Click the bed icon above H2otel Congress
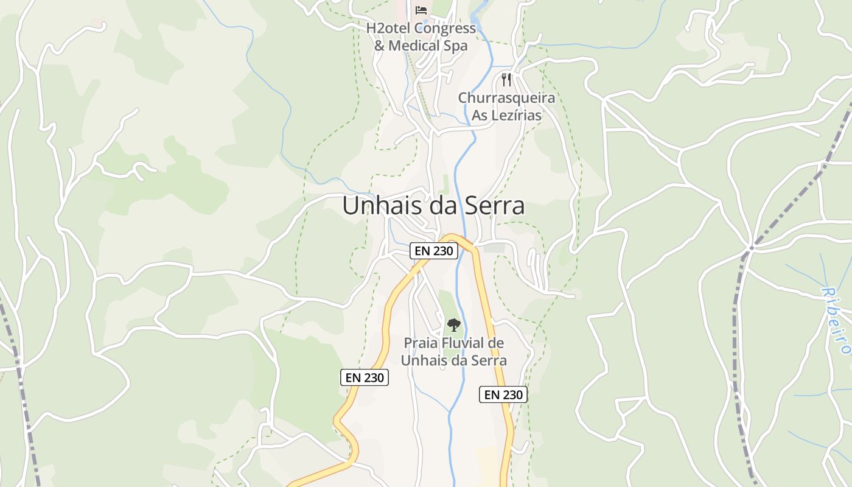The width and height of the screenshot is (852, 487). click(x=421, y=10)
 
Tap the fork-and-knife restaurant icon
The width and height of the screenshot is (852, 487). click(x=506, y=79)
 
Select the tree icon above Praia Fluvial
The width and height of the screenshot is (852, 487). click(x=454, y=325)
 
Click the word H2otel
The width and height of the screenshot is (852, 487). click(x=388, y=29)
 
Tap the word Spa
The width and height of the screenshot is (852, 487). click(x=455, y=46)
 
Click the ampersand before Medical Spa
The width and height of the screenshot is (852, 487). click(x=379, y=46)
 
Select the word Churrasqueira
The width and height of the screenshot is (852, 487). click(x=506, y=98)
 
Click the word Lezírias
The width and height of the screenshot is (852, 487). click(x=516, y=115)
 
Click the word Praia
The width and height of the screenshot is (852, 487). click(x=421, y=343)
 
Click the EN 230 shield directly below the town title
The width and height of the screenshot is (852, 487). click(x=434, y=251)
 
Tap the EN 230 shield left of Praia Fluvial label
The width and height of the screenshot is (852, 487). click(x=365, y=377)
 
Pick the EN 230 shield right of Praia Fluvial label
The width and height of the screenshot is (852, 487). click(x=503, y=394)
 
